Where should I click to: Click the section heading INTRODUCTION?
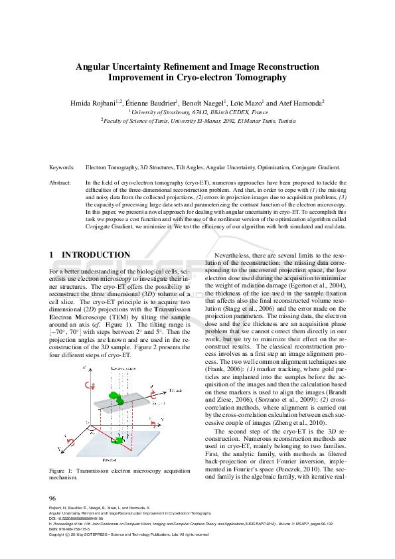tap(96, 255)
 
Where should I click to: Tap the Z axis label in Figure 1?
tap(80, 366)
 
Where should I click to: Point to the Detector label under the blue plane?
tap(119, 457)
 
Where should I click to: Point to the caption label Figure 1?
tap(62, 471)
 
